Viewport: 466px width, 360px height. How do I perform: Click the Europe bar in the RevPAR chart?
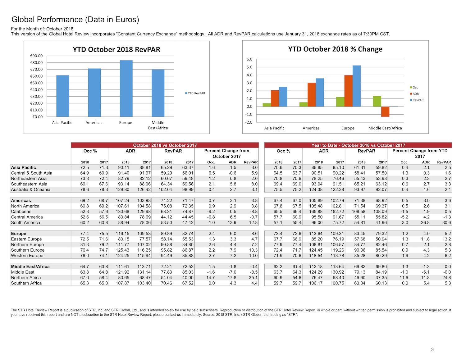pyautogui.click(x=126, y=88)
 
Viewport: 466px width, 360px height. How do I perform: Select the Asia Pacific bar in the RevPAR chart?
pyautogui.click(x=63, y=96)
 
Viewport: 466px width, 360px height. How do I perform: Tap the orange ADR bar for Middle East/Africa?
pyautogui.click(x=385, y=112)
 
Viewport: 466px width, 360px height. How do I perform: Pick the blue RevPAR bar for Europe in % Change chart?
pyautogui.click(x=356, y=86)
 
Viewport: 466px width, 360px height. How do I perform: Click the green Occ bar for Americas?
pyautogui.click(x=304, y=104)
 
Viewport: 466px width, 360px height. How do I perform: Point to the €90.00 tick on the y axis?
pyautogui.click(x=36, y=56)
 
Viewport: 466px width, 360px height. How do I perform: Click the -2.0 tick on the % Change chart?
pyautogui.click(x=249, y=122)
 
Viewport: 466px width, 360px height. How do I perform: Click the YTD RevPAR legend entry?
pyautogui.click(x=195, y=93)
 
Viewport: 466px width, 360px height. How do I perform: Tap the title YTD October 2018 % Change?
pyautogui.click(x=335, y=49)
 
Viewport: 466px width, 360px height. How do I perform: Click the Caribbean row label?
pyautogui.click(x=21, y=212)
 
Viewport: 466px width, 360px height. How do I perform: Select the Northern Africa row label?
pyautogui.click(x=26, y=277)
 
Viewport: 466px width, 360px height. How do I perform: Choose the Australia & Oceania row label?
pyautogui.click(x=30, y=189)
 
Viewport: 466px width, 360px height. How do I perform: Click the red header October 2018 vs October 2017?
pyautogui.click(x=165, y=145)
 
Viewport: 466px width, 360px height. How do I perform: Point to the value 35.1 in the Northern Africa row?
pyautogui.click(x=253, y=277)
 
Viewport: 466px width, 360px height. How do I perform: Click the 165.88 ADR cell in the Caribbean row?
pyautogui.click(x=317, y=212)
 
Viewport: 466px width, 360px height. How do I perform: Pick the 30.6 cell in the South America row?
pyautogui.click(x=446, y=222)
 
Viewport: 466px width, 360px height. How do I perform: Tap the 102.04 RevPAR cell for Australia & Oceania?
pyautogui.click(x=165, y=189)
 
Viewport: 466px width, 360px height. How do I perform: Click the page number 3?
pyautogui.click(x=432, y=349)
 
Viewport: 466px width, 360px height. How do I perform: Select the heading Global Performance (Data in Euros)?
pyautogui.click(x=75, y=19)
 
